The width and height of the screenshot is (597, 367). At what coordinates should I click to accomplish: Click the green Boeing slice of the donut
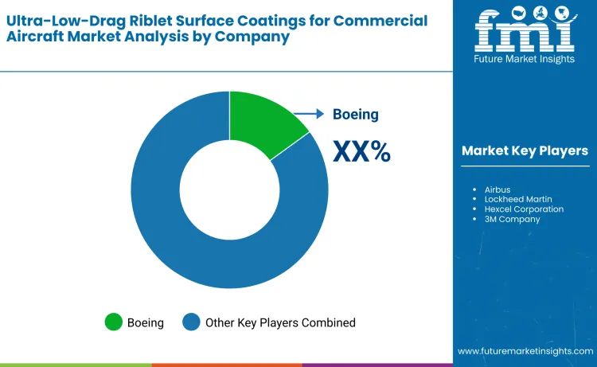pyautogui.click(x=262, y=124)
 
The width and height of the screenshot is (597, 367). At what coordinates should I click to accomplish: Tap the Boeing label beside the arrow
pyautogui.click(x=356, y=115)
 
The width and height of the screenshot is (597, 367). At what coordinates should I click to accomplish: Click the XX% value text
pyautogui.click(x=361, y=150)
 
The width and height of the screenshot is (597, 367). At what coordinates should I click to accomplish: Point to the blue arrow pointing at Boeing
pyautogui.click(x=310, y=114)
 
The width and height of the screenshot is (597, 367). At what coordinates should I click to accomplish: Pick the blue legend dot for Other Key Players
pyautogui.click(x=191, y=322)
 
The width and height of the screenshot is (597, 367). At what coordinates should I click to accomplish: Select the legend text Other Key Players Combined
pyautogui.click(x=280, y=322)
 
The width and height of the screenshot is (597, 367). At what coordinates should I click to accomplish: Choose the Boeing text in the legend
pyautogui.click(x=146, y=322)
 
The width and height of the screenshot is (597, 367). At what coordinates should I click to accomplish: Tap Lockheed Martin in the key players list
pyautogui.click(x=518, y=199)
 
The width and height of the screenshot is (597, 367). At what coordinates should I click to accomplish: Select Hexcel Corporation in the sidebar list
pyautogui.click(x=523, y=209)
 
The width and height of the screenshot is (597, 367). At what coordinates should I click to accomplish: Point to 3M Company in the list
pyautogui.click(x=512, y=219)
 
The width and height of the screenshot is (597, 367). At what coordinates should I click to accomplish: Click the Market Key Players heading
pyautogui.click(x=525, y=151)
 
